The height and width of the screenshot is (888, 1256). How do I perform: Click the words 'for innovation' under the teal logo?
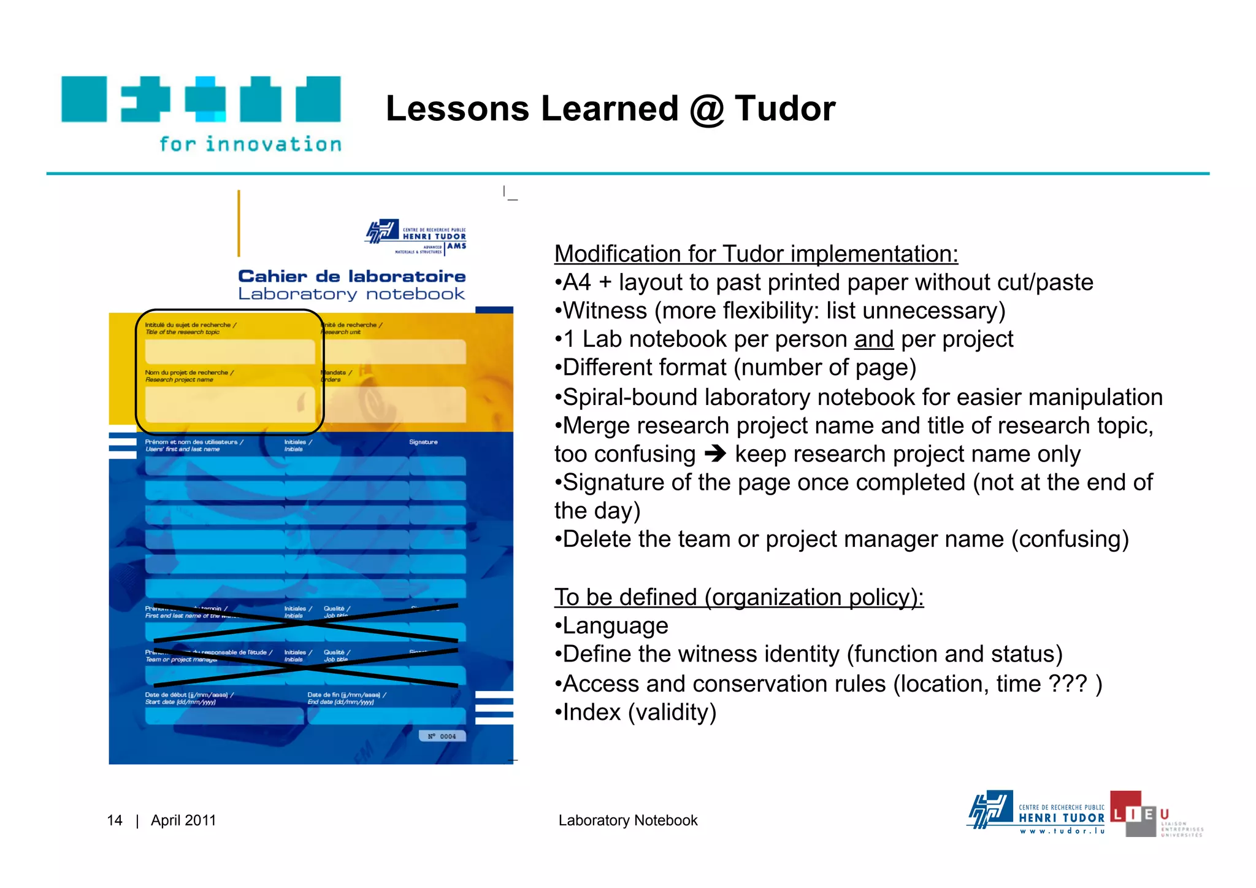(x=250, y=144)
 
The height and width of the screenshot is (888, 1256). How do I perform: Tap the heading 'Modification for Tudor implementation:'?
(x=756, y=253)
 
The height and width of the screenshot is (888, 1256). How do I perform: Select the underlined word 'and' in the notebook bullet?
(x=873, y=339)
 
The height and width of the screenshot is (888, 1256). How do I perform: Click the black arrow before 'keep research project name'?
(x=715, y=454)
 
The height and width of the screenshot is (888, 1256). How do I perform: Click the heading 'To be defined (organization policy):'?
(x=738, y=597)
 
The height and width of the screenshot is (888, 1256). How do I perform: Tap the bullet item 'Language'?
(x=615, y=626)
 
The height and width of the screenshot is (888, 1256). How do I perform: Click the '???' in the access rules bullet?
(x=1068, y=684)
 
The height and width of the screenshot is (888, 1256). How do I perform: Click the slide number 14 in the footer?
(x=115, y=820)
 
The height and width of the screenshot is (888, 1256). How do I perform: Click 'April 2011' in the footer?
(x=183, y=820)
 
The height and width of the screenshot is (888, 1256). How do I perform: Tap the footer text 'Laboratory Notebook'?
(x=628, y=820)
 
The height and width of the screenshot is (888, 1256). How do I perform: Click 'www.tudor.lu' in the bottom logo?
(x=1062, y=832)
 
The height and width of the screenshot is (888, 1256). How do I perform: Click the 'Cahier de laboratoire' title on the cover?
(x=351, y=277)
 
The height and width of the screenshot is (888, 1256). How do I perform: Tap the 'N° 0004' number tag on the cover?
(x=442, y=736)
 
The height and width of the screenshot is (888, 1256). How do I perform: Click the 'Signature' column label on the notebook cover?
(x=423, y=442)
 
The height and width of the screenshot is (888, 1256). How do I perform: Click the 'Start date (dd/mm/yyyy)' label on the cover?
(x=180, y=702)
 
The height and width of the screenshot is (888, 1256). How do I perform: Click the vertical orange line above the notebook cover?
(x=239, y=223)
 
